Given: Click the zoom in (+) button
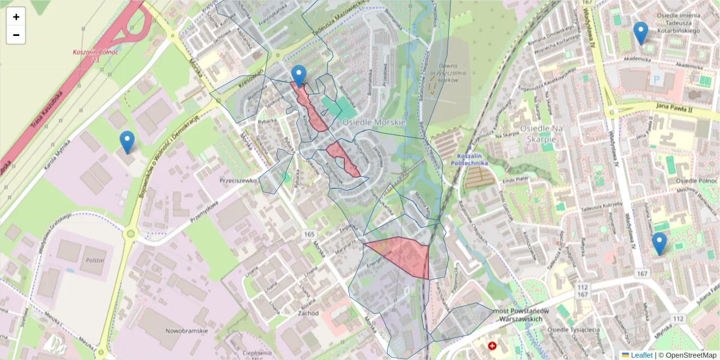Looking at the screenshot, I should pyautogui.click(x=16, y=17).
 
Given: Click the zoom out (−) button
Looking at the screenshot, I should pyautogui.click(x=16, y=35).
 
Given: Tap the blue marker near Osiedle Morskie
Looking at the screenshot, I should pyautogui.click(x=298, y=76).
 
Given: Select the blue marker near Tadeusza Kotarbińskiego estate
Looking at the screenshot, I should pyautogui.click(x=641, y=32).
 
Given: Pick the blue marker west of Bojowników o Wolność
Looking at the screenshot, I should pyautogui.click(x=127, y=142).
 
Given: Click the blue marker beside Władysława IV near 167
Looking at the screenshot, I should pyautogui.click(x=659, y=243).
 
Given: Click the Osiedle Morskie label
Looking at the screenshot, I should pyautogui.click(x=374, y=122).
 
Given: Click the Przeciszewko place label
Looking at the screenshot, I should pyautogui.click(x=238, y=180).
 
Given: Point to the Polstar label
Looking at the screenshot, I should pyautogui.click(x=95, y=260).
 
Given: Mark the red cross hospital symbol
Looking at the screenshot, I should pyautogui.click(x=493, y=346).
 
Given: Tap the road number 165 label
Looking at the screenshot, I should pyautogui.click(x=309, y=233).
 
